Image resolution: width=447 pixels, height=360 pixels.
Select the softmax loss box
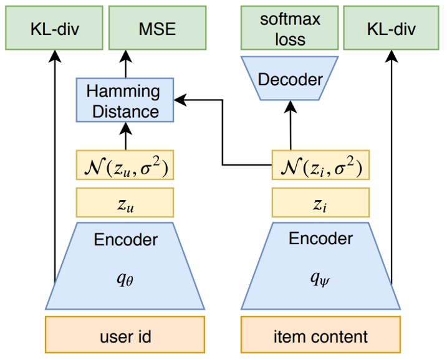pyautogui.click(x=290, y=28)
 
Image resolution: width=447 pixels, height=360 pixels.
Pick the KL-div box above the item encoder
pyautogui.click(x=392, y=28)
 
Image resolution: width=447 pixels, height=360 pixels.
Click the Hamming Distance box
pyautogui.click(x=123, y=101)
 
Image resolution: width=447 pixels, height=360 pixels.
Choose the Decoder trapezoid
pyautogui.click(x=290, y=80)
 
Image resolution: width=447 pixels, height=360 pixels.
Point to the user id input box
pyautogui.click(x=125, y=337)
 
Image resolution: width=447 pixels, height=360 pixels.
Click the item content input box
pyautogui.click(x=320, y=337)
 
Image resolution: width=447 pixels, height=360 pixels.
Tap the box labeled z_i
pyautogui.click(x=320, y=202)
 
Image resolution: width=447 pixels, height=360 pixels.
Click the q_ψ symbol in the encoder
pyautogui.click(x=320, y=280)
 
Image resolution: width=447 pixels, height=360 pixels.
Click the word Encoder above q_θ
pyautogui.click(x=126, y=240)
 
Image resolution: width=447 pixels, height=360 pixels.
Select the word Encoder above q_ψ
pyautogui.click(x=320, y=240)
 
